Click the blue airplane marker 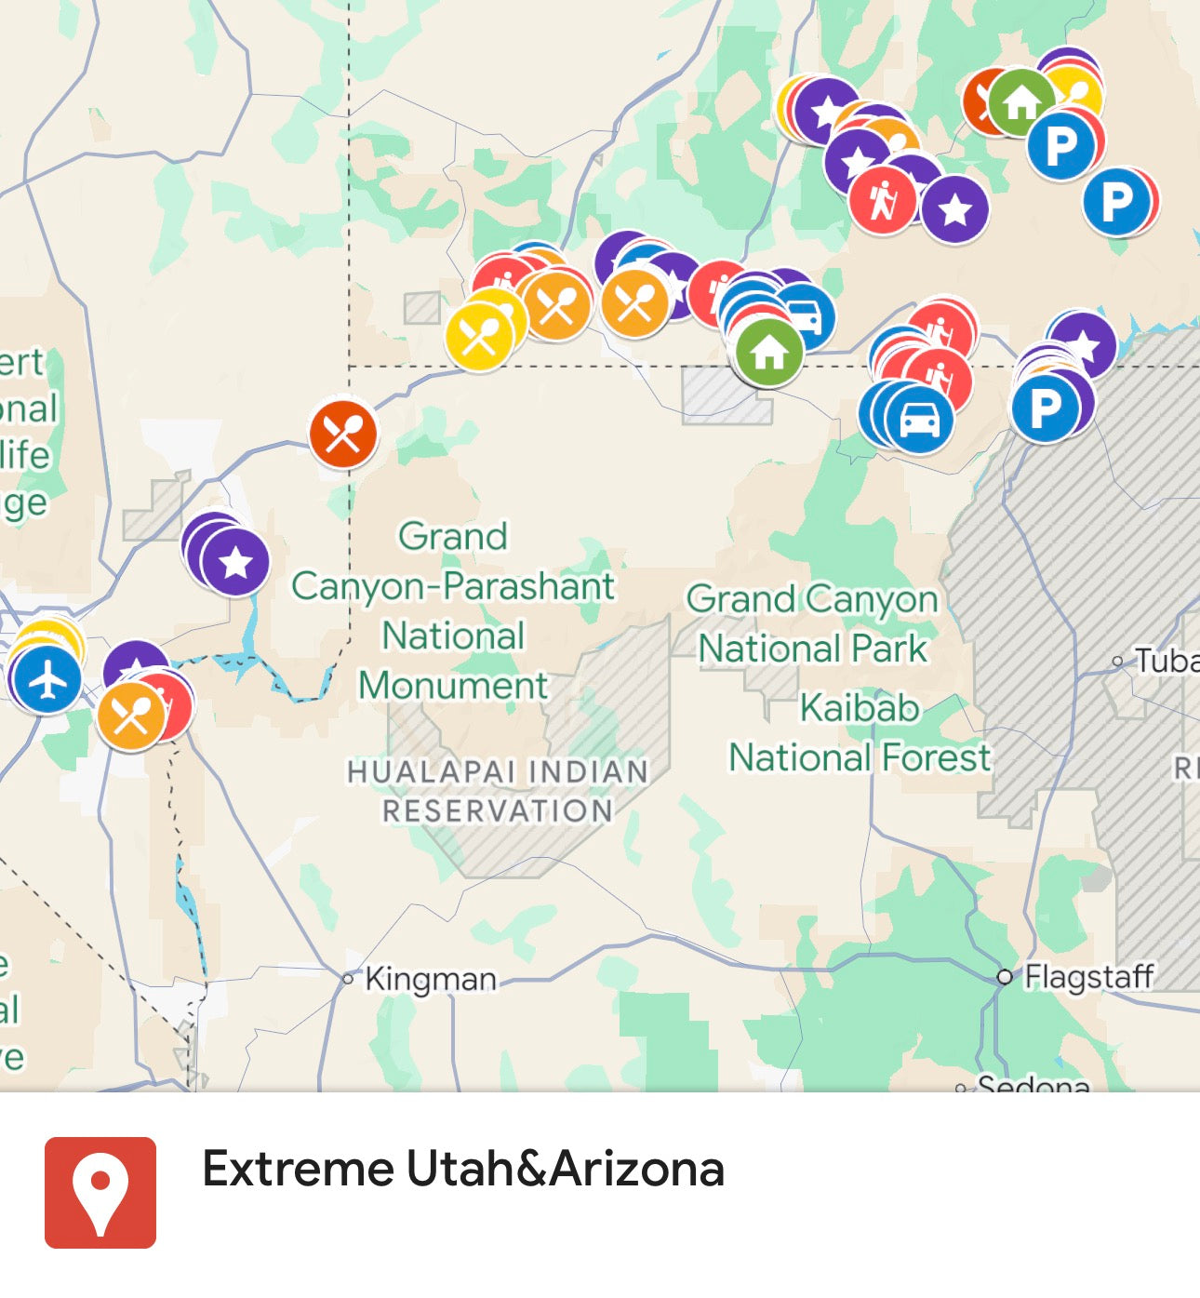(x=47, y=679)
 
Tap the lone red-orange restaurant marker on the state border (x=343, y=434)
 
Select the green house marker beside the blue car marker (x=768, y=352)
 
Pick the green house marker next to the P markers (x=1020, y=101)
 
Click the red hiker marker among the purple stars (x=882, y=199)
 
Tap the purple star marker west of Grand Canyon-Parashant (x=235, y=562)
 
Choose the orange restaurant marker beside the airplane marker (x=131, y=716)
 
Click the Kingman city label (x=430, y=979)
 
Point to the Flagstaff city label (x=1088, y=977)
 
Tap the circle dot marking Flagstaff (x=1004, y=977)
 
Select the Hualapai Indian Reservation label (x=498, y=791)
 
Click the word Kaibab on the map (x=860, y=708)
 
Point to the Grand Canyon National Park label (x=813, y=623)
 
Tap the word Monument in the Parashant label (x=453, y=686)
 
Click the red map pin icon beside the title (x=100, y=1192)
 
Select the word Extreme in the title (x=299, y=1170)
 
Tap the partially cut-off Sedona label (x=1033, y=1084)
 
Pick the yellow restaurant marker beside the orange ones (x=479, y=336)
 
